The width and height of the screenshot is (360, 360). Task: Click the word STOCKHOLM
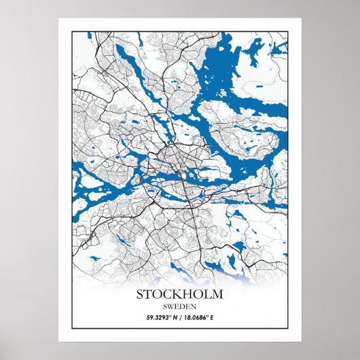point(179,294)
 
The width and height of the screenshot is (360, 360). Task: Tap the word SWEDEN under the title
point(179,306)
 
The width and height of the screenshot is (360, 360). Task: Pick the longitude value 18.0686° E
point(200,317)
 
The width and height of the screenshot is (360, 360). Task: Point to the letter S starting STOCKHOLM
point(141,294)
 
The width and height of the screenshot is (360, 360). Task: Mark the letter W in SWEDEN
point(171,306)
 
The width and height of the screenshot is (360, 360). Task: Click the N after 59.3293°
point(174,317)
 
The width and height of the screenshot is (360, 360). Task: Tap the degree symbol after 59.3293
point(168,314)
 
